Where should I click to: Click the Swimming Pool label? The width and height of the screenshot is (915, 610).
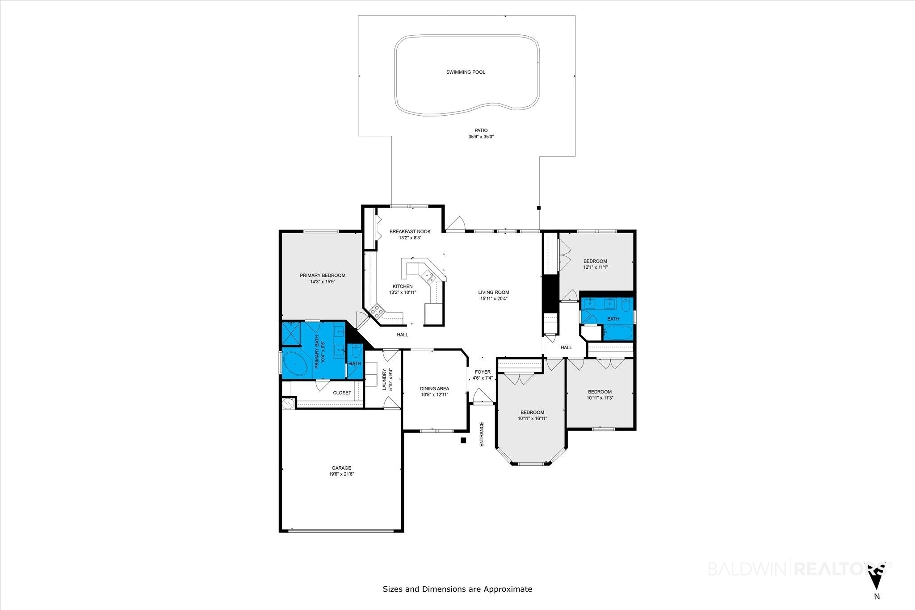[466, 72]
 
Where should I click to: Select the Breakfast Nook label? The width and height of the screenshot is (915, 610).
[410, 231]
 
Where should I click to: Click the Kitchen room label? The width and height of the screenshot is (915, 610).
[403, 286]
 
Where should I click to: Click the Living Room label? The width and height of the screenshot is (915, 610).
[494, 292]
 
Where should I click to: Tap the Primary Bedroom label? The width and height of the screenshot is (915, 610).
[322, 276]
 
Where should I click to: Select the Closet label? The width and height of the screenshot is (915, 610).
[342, 393]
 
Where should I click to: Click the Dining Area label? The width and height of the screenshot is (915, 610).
[434, 389]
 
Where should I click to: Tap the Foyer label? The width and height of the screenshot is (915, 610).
[483, 372]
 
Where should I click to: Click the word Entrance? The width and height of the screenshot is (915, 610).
[482, 435]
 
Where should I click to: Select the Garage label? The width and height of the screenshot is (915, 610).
[341, 468]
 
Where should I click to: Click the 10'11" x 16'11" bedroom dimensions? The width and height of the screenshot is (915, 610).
[532, 418]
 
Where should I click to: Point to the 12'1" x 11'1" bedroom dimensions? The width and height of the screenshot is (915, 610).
[595, 267]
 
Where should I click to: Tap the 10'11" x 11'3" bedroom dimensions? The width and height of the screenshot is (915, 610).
[599, 397]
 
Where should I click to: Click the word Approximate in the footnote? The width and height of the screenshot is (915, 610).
[508, 589]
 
